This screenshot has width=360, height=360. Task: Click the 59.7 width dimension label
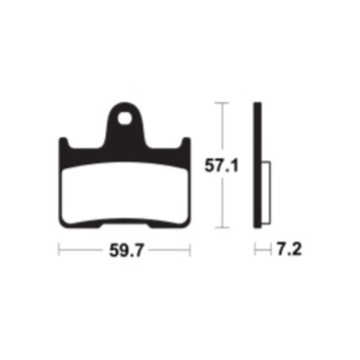click(x=126, y=250)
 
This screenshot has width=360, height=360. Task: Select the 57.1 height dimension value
click(x=221, y=166)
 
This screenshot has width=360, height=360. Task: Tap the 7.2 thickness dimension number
click(x=289, y=249)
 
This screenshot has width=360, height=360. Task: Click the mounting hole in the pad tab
click(x=125, y=118)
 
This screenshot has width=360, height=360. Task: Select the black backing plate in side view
click(x=257, y=165)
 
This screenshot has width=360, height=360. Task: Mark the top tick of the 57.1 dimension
click(x=222, y=103)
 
